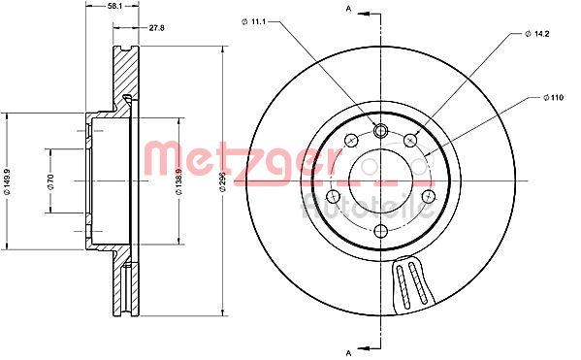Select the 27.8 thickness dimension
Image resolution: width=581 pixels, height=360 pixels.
coord(156,28)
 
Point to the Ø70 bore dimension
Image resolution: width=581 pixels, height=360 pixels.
coord(50,181)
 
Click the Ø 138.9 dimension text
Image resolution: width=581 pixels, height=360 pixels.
coord(178,181)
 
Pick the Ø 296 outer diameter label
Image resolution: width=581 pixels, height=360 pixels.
coord(222,181)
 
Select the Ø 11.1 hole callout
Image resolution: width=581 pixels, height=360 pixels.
coord(254,22)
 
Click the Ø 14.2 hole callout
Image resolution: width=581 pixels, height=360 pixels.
coord(537,34)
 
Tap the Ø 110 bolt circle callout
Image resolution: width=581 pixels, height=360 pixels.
coord(553,98)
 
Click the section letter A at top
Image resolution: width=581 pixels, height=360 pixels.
coord(348,9)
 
